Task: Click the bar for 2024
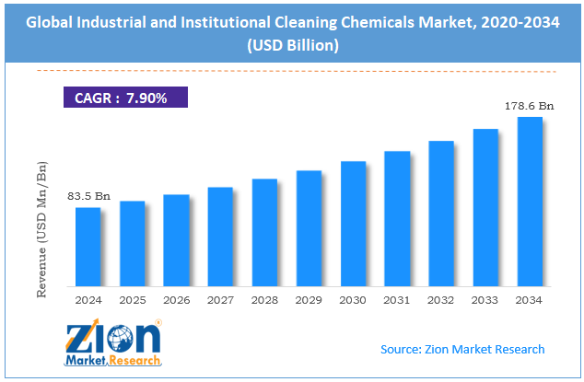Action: [88, 246]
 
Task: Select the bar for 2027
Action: [220, 236]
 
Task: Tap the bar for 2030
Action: [353, 223]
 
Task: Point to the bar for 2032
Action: [441, 213]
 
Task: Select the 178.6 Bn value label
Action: [529, 106]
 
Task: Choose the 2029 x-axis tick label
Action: [309, 300]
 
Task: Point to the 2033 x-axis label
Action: [485, 300]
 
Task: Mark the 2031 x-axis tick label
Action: [397, 300]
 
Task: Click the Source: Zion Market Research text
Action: [462, 349]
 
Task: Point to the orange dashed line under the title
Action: [291, 69]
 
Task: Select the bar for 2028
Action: [264, 231]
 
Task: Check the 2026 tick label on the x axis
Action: [176, 300]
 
